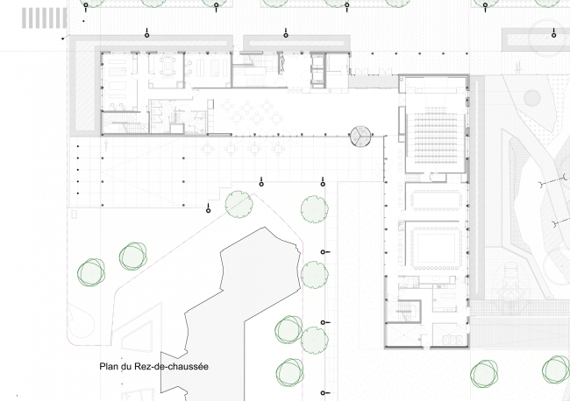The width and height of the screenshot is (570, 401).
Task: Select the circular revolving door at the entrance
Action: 360,137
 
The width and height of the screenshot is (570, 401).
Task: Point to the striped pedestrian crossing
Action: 45,18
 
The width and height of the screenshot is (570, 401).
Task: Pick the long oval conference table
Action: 436,200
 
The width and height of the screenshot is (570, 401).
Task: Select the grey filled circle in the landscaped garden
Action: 531,98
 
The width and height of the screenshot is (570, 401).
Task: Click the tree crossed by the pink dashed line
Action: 239,204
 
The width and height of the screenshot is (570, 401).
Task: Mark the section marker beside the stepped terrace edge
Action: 209,208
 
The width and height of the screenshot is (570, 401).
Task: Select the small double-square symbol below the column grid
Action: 75,215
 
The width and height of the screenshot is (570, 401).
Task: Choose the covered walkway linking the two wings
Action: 374,81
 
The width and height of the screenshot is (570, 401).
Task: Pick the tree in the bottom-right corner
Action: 556,369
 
